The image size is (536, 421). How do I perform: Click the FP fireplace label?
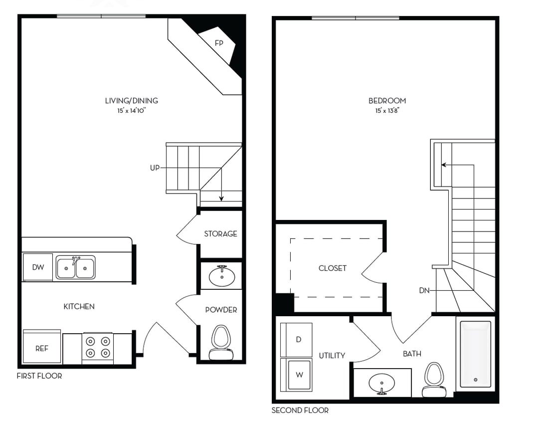(218, 43)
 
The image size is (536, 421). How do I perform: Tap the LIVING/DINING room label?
(131, 101)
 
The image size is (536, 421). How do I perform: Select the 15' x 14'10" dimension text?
(131, 110)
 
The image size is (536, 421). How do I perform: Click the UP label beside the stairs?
(155, 168)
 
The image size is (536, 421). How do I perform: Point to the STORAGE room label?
(220, 234)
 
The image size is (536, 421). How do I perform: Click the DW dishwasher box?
(38, 267)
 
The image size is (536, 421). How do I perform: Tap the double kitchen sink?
(75, 267)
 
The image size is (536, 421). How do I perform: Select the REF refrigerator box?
(42, 348)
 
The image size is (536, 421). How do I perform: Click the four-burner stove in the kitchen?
(98, 347)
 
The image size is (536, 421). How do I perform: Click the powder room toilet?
(221, 341)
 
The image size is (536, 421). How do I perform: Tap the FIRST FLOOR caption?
(39, 376)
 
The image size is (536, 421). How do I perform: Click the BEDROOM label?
(387, 101)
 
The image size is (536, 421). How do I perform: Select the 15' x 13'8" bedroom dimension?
(387, 110)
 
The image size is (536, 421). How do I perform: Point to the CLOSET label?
(332, 268)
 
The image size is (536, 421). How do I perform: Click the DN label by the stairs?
(424, 290)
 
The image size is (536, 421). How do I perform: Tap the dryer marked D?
(297, 340)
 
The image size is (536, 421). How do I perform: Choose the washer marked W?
(298, 375)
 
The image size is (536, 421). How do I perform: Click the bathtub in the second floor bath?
(475, 354)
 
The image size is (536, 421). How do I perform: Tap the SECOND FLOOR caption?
(300, 410)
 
